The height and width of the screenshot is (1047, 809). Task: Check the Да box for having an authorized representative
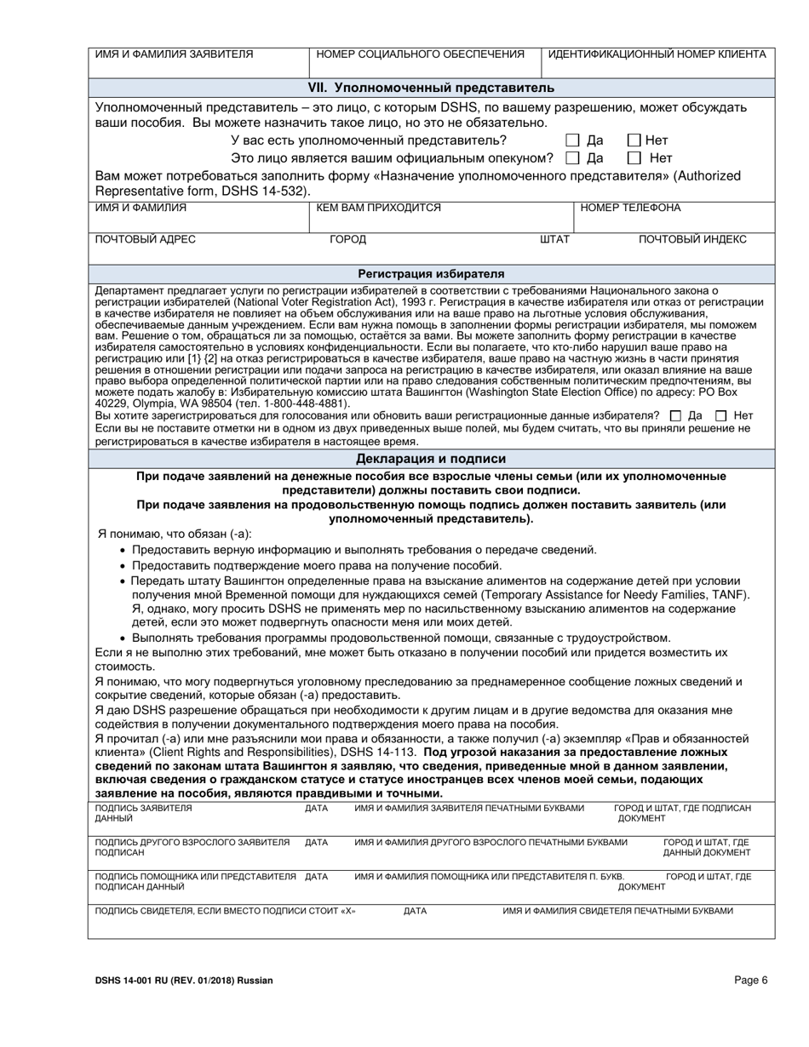pyautogui.click(x=573, y=140)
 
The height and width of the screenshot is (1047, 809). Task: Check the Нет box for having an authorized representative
pyautogui.click(x=634, y=140)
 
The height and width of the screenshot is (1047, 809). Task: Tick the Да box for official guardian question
pyautogui.click(x=573, y=157)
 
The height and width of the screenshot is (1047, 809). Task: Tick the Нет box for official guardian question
pyautogui.click(x=634, y=157)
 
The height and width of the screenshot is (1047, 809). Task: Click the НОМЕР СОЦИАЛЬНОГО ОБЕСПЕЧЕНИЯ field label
pyautogui.click(x=420, y=54)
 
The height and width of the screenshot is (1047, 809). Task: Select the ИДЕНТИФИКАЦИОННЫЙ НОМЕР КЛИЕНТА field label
pyautogui.click(x=657, y=54)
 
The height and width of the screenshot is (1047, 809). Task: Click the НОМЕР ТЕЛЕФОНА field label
pyautogui.click(x=630, y=207)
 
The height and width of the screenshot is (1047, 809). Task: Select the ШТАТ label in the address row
pyautogui.click(x=554, y=239)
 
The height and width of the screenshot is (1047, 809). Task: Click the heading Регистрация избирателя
pyautogui.click(x=431, y=273)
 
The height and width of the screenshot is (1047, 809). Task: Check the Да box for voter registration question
pyautogui.click(x=675, y=415)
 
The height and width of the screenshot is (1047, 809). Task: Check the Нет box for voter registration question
pyautogui.click(x=721, y=415)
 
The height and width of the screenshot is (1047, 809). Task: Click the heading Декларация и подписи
pyautogui.click(x=431, y=460)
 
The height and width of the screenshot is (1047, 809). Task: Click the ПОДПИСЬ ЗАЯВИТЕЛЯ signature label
pyautogui.click(x=144, y=807)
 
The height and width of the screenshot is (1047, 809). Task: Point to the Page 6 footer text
pyautogui.click(x=751, y=980)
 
